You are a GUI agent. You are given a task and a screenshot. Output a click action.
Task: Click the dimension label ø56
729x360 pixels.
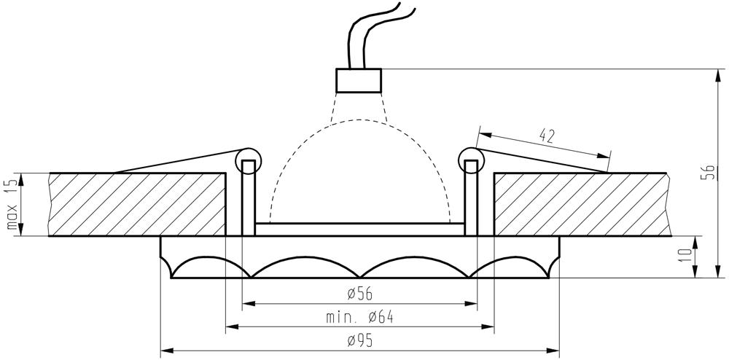(360, 294)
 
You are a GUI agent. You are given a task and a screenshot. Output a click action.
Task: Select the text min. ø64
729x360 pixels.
(359, 317)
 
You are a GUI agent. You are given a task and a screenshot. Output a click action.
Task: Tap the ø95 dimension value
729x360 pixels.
(360, 342)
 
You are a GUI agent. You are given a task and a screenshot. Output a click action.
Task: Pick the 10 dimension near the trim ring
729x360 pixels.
(686, 257)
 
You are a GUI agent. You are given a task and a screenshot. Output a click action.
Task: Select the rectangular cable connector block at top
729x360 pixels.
(359, 80)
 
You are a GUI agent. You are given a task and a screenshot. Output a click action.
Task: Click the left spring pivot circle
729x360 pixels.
(249, 161)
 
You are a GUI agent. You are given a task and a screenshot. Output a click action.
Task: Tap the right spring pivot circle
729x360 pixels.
(471, 161)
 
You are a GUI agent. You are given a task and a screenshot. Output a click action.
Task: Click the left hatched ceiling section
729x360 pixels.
(138, 204)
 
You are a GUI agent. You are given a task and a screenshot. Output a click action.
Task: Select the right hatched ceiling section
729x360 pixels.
(582, 204)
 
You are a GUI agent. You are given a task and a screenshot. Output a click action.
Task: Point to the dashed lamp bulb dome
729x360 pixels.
(360, 171)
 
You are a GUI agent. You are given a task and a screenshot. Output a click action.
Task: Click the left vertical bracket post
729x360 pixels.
(249, 198)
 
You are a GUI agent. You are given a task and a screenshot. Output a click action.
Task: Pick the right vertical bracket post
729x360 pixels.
(471, 198)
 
